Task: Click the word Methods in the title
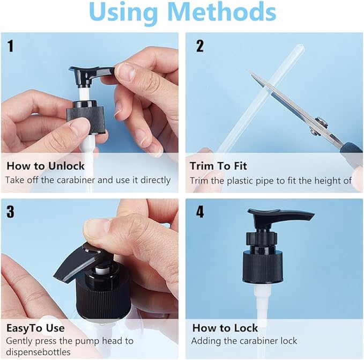[223, 12]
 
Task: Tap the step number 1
[10, 46]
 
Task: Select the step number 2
[199, 46]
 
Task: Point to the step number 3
[10, 211]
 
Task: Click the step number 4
[200, 211]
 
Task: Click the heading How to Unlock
[46, 166]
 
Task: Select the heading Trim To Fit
[218, 166]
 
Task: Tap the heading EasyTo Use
[35, 328]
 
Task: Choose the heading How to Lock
[225, 328]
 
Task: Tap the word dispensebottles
[38, 352]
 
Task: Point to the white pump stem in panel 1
[84, 93]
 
